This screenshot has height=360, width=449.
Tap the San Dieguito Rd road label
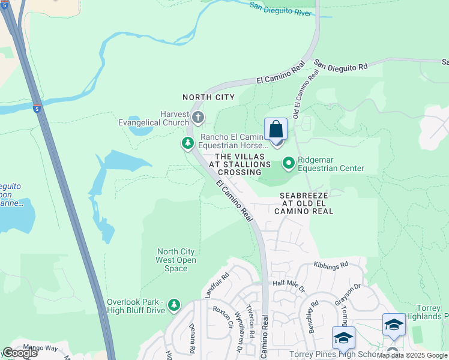pos(340,66)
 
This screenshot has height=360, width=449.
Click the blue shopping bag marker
pos(276,130)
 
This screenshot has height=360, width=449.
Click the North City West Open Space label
pos(176,260)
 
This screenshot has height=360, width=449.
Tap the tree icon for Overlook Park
pos(174,305)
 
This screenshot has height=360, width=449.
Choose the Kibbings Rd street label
pos(331,265)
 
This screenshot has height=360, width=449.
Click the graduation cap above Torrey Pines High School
pos(343,338)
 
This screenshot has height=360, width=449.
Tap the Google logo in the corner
pos(20,353)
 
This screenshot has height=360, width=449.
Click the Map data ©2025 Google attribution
pos(412,355)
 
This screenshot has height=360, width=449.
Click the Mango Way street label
pos(40,347)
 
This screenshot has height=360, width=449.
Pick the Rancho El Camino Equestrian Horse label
pos(234,141)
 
